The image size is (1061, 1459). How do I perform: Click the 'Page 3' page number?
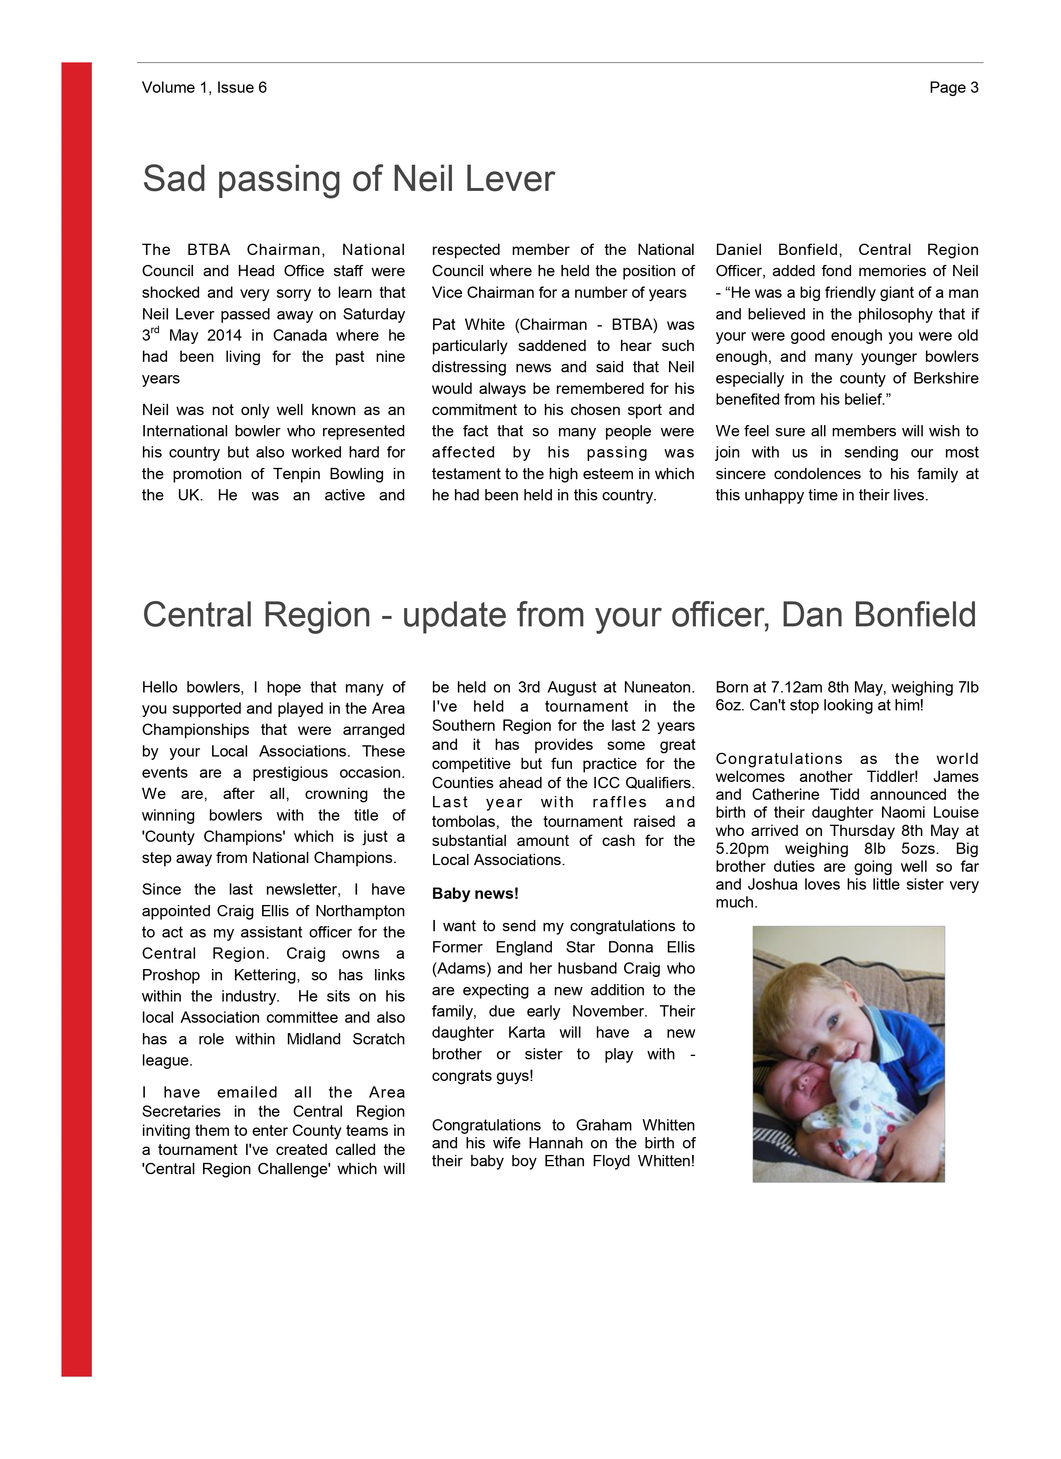tap(954, 87)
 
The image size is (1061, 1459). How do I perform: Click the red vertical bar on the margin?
tap(77, 707)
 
